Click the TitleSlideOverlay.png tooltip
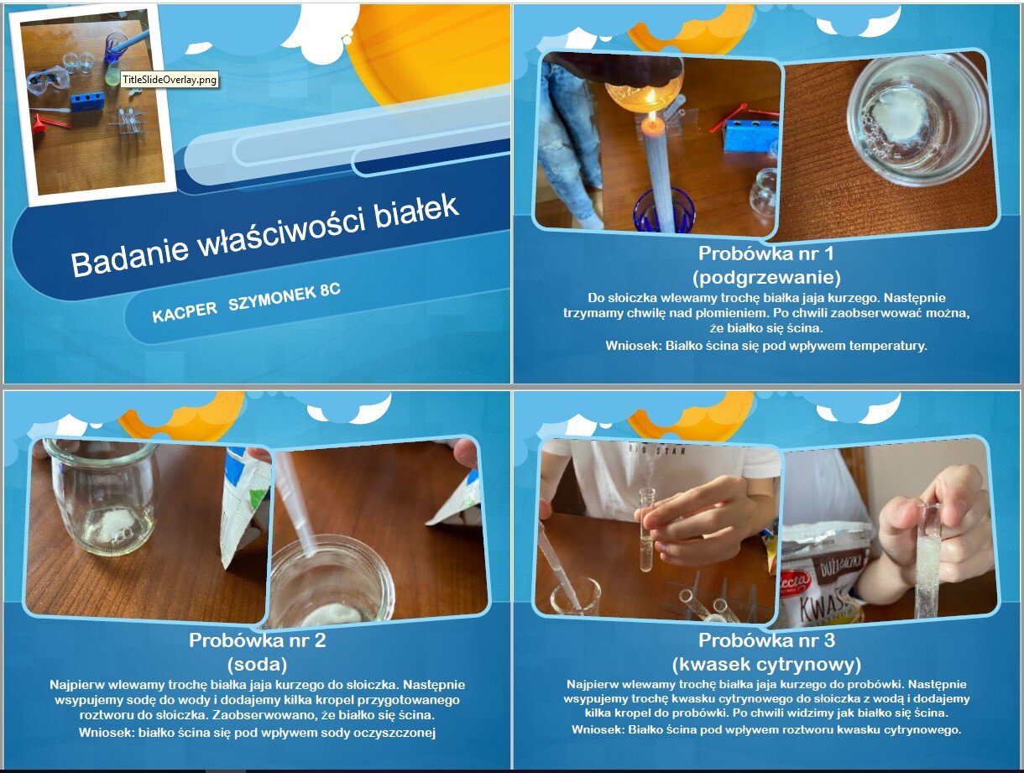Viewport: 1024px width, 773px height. pos(170,79)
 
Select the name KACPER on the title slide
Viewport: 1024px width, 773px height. pos(185,311)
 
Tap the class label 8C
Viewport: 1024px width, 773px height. pos(330,290)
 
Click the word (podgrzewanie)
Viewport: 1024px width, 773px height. pos(766,277)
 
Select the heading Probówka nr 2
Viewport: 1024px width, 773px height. pos(257,640)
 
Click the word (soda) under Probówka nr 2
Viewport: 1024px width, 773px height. pos(257,663)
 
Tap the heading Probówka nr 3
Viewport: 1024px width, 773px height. pos(766,640)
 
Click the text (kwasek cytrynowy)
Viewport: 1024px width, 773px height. pos(766,663)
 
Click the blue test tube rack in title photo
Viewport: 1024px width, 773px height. pos(89,101)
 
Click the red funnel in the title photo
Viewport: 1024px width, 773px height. pos(41,123)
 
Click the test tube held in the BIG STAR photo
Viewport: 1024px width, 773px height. pos(645,529)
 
